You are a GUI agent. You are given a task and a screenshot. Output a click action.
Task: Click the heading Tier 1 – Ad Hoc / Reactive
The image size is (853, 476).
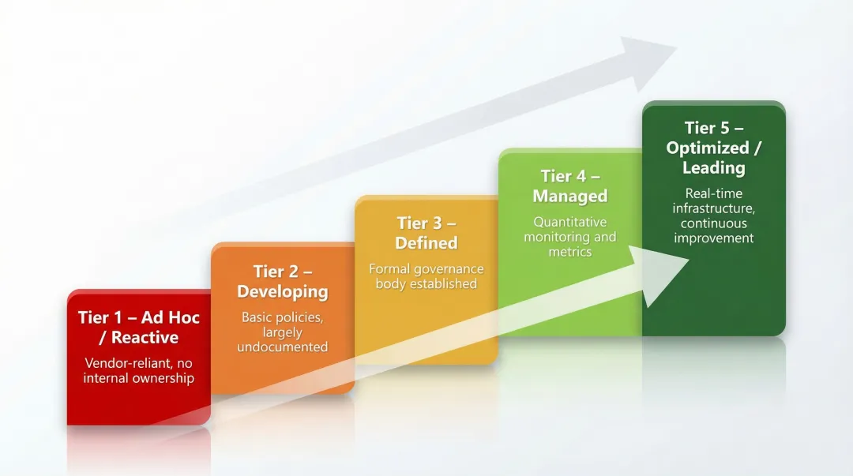[139, 328]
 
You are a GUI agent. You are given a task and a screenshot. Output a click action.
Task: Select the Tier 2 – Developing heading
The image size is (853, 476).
[283, 282]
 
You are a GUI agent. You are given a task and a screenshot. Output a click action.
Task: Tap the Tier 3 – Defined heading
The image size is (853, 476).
[426, 233]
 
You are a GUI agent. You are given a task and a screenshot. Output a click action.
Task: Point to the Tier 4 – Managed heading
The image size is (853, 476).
[570, 186]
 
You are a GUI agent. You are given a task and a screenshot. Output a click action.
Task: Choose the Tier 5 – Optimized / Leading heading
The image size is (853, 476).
[714, 148]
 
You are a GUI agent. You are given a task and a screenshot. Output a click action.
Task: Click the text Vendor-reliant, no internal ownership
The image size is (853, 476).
[139, 371]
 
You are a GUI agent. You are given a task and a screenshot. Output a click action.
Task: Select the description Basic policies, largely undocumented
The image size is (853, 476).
[283, 332]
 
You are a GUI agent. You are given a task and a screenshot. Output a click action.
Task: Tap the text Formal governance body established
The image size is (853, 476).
[426, 276]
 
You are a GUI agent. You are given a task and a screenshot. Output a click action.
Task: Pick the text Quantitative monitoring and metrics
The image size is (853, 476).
[570, 237]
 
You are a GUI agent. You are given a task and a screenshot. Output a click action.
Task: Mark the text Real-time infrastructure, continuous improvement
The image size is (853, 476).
[714, 216]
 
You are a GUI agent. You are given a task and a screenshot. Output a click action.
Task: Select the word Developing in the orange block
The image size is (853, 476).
[283, 291]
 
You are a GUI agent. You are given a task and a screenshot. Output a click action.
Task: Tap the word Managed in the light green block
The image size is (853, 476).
[570, 196]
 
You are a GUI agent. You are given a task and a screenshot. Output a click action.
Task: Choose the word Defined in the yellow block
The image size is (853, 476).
[426, 242]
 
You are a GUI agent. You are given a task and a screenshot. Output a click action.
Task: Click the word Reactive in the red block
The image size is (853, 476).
[145, 338]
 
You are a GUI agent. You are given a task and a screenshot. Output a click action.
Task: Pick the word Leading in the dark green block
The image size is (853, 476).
[714, 167]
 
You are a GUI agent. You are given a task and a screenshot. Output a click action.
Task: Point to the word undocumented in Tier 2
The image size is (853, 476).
[283, 347]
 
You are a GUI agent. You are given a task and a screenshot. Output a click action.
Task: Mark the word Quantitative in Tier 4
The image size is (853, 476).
[570, 222]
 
